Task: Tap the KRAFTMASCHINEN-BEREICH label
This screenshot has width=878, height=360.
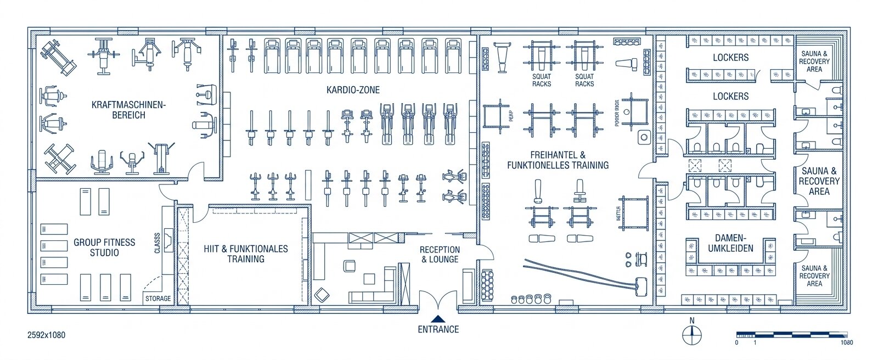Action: tap(128, 110)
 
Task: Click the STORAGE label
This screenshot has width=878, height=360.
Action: tap(158, 299)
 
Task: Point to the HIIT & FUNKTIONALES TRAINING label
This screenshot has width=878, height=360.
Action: tap(246, 254)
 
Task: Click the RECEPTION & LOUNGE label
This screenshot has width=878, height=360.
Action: tap(440, 254)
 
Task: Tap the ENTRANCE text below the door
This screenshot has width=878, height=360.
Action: tap(438, 329)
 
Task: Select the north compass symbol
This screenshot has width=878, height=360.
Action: tap(692, 334)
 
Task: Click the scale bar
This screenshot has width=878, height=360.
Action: tap(791, 334)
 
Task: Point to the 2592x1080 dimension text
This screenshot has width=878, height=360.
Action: tap(46, 335)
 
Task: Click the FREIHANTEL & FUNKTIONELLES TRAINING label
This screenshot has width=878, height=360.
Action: tap(558, 160)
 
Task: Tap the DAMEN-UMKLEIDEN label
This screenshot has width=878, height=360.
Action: tap(730, 243)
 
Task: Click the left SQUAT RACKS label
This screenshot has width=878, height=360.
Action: tap(542, 80)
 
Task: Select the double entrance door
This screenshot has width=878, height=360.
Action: tap(438, 301)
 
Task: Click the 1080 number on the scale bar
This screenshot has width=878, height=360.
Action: tap(846, 342)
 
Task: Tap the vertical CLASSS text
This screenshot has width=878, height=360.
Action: tap(157, 243)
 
